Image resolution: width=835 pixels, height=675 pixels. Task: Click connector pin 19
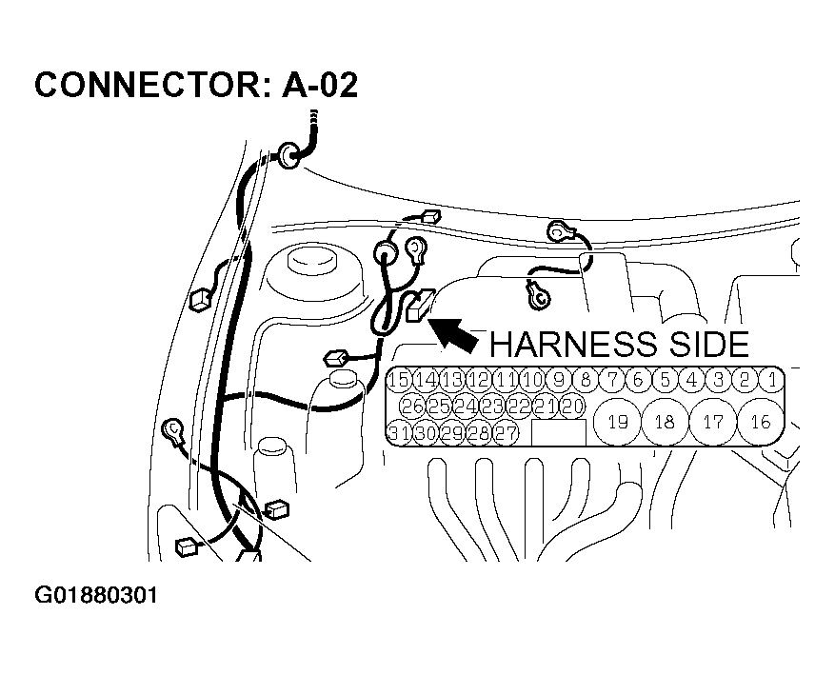click(x=617, y=423)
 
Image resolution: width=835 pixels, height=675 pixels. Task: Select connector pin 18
click(x=665, y=423)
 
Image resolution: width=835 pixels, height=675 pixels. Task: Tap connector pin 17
click(x=712, y=423)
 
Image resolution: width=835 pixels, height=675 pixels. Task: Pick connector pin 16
click(x=760, y=423)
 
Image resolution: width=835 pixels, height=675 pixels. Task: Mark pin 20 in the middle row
click(x=571, y=407)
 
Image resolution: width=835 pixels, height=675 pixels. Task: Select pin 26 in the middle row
click(x=412, y=407)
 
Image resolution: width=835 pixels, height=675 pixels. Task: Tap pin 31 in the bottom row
click(x=399, y=433)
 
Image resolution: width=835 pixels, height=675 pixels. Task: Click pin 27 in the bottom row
click(x=506, y=433)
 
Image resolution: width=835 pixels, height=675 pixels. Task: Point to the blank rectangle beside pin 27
click(x=558, y=433)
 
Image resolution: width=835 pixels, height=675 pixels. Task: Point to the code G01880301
click(x=96, y=597)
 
